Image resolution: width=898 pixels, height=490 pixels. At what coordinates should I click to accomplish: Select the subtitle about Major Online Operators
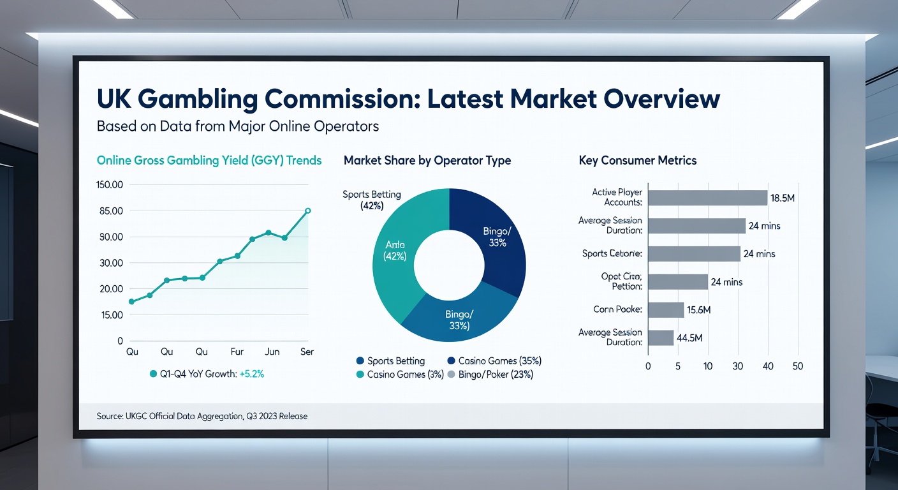pyautogui.click(x=237, y=126)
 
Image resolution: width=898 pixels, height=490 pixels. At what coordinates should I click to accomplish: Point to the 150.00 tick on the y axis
pyautogui.click(x=110, y=185)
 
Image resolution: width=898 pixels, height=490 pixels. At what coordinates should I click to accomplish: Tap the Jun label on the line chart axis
pyautogui.click(x=272, y=352)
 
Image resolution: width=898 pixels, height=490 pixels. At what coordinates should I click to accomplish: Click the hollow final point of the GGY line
pyautogui.click(x=307, y=211)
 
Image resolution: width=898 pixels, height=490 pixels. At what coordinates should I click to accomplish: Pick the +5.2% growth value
pyautogui.click(x=251, y=375)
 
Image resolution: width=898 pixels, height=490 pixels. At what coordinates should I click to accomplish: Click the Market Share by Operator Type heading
pyautogui.click(x=427, y=161)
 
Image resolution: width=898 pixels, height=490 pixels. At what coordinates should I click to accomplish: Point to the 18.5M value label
pyautogui.click(x=783, y=198)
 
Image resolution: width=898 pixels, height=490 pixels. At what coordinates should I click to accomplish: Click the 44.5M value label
pyautogui.click(x=693, y=338)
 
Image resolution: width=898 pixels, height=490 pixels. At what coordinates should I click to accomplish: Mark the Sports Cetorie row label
pyautogui.click(x=612, y=254)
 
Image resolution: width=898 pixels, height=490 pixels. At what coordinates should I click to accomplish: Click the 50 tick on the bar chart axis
pyautogui.click(x=797, y=366)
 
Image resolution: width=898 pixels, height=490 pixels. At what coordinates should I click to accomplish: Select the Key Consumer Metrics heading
pyautogui.click(x=637, y=161)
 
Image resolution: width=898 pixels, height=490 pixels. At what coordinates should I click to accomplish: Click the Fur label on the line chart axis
pyautogui.click(x=237, y=352)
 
